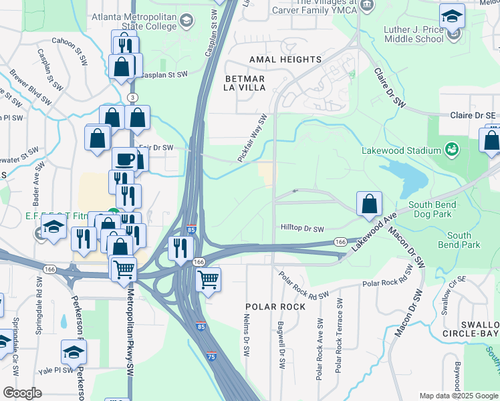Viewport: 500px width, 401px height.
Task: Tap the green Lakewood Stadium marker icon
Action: [x=452, y=147]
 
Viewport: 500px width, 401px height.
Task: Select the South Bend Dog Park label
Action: [x=432, y=209]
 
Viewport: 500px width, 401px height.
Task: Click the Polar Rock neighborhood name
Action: [x=275, y=307]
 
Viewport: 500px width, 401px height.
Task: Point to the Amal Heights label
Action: [x=285, y=59]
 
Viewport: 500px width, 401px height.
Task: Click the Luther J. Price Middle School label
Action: [x=414, y=34]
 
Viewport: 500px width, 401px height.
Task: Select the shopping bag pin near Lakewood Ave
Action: [x=369, y=203]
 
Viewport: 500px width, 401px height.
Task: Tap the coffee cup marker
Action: [x=124, y=160]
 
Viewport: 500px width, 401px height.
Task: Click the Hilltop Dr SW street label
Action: [x=302, y=229]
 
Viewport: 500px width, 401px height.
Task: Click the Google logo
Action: [x=22, y=392]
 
